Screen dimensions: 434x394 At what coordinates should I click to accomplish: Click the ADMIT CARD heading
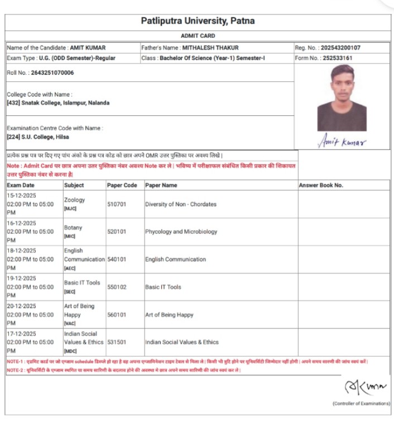pos(198,36)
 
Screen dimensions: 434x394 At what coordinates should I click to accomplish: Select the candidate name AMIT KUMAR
pos(88,48)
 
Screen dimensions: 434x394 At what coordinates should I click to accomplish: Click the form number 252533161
pos(337,58)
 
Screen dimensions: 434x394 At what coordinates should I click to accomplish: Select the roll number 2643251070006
pos(49,73)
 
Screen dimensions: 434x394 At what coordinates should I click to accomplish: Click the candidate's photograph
pos(342,97)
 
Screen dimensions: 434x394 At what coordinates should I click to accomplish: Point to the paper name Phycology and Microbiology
pos(181,232)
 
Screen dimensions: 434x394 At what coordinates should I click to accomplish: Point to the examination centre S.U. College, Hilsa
pos(45,136)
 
